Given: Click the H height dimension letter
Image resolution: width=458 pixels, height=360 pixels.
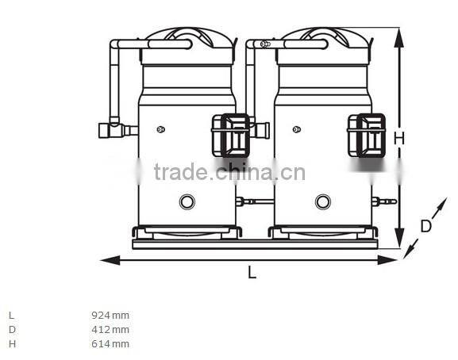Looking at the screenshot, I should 399,137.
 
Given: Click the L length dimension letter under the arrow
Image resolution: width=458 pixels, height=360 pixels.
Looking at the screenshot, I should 252,273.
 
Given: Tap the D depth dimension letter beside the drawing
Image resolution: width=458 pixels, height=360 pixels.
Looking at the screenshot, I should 425,226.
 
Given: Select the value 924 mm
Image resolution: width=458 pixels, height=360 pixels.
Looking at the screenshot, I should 110,315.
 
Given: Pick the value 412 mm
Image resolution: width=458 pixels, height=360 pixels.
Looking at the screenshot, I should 110,329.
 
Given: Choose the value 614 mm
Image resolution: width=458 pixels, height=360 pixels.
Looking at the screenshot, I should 110,343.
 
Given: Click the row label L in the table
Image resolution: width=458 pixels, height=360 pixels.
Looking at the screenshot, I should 11,315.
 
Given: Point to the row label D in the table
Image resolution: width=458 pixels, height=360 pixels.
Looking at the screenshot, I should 12,329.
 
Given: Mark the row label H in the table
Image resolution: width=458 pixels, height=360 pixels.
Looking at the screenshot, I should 12,343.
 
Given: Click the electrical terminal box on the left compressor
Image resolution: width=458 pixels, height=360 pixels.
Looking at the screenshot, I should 231,134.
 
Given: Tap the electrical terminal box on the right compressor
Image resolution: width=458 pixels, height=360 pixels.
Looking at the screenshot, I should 367,134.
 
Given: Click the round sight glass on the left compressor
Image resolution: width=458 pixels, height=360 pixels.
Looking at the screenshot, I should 187,201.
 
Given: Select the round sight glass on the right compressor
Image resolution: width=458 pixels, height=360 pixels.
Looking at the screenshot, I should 322,201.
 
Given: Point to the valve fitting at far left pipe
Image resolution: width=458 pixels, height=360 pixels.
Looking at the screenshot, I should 108,128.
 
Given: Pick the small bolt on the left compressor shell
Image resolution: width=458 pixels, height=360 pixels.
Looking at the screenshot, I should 161,129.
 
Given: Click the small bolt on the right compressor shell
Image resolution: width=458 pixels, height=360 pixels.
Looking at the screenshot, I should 297,129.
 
